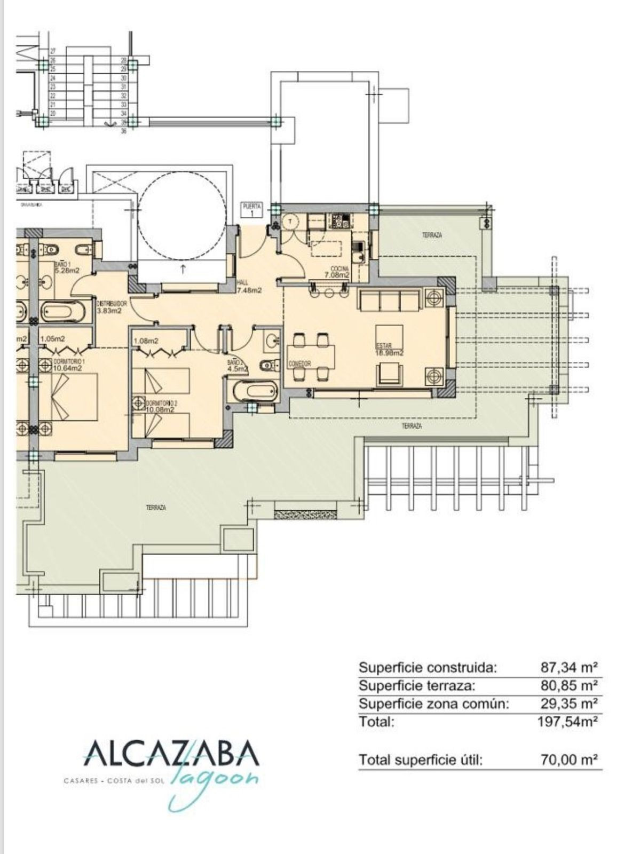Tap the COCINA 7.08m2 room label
pos(337,272)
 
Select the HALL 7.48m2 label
pos(248,287)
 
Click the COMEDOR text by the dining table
pos(300,363)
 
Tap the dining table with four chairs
pos(311,357)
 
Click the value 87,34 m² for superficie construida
pos(569,667)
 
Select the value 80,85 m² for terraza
pos(569,685)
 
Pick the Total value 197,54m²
pos(567,722)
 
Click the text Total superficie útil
pos(421,760)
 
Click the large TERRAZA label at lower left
pos(156,508)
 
